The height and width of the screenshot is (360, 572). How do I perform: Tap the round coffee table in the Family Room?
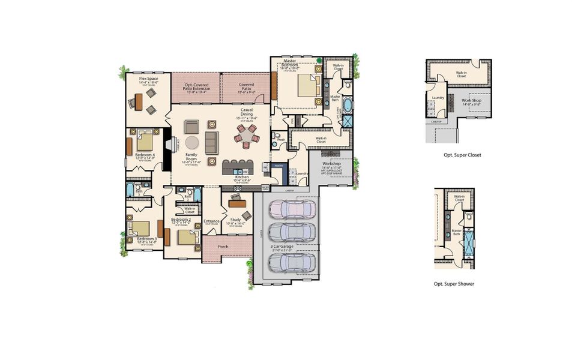(x=191, y=142)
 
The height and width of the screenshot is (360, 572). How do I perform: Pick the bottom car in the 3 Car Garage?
(x=292, y=262)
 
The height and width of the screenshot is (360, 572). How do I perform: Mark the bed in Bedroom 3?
(x=140, y=229)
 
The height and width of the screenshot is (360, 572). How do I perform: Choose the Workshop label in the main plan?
(x=332, y=163)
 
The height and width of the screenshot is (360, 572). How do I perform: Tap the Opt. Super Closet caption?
(x=460, y=155)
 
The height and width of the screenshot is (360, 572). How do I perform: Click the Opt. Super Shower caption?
(x=454, y=284)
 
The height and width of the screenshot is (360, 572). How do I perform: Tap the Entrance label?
(x=211, y=221)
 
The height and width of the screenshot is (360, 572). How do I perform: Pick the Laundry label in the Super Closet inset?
(x=438, y=97)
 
